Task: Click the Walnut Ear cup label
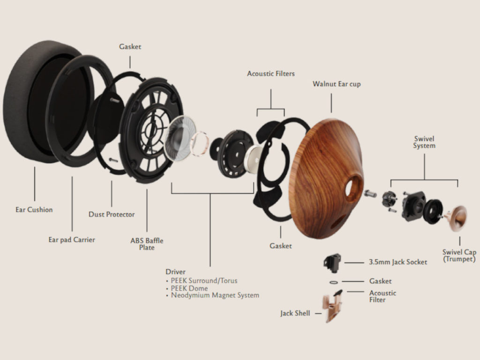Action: (337, 84)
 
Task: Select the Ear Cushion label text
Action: (34, 210)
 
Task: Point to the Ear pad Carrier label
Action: (72, 240)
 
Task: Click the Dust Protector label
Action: (112, 214)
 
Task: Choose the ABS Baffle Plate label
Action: (147, 244)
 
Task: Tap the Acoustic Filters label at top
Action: (271, 74)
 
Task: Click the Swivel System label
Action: (424, 142)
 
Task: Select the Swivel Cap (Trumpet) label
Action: (459, 255)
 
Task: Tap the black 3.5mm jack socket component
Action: (332, 262)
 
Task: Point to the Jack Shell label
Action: (295, 313)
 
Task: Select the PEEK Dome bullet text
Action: (189, 288)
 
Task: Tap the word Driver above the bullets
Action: (175, 272)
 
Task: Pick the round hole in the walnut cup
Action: (353, 187)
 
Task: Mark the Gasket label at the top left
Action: (130, 47)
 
